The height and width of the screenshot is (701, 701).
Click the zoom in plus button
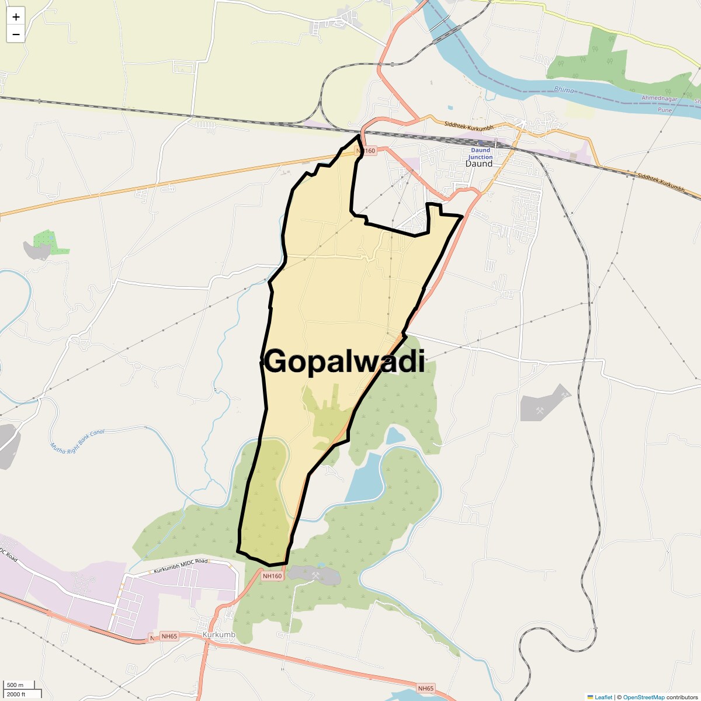click(16, 17)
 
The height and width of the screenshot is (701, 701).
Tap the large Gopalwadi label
click(344, 361)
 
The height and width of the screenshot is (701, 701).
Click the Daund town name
click(479, 164)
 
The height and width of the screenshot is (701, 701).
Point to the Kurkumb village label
click(218, 635)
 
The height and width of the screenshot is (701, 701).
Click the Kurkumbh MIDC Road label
click(181, 565)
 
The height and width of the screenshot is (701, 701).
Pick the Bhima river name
click(564, 90)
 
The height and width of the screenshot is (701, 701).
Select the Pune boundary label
click(665, 110)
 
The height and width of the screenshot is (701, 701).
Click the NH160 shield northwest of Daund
click(365, 151)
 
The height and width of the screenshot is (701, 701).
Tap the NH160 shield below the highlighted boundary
click(272, 576)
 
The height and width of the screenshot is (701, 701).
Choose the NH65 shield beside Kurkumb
click(169, 636)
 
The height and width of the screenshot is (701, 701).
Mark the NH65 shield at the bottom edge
click(426, 689)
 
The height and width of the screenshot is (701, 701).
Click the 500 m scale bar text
click(15, 685)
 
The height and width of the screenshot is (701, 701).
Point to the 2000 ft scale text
click(16, 694)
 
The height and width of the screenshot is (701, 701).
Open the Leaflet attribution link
click(603, 697)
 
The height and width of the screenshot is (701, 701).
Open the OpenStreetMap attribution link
click(644, 697)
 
